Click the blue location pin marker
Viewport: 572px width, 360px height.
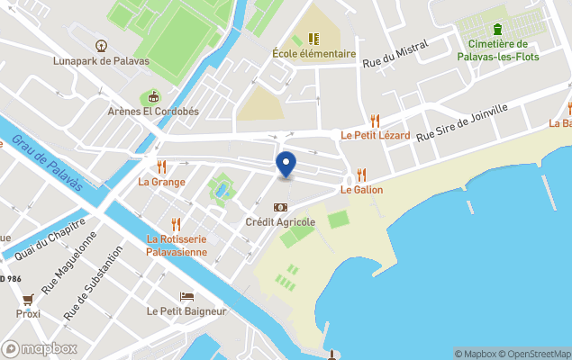click(286, 165)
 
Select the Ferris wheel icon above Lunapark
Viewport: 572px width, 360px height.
click(102, 43)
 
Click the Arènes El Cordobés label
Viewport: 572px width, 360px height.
click(152, 112)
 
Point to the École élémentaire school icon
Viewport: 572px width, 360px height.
click(314, 39)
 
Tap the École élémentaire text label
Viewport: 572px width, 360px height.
click(314, 54)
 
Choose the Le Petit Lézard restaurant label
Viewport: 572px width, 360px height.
click(375, 136)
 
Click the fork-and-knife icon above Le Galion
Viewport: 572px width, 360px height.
click(361, 175)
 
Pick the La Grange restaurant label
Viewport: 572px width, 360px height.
click(161, 182)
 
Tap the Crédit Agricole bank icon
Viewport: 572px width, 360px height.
click(280, 207)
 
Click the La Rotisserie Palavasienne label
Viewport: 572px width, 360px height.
click(177, 245)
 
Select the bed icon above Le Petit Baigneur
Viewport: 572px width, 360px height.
click(186, 296)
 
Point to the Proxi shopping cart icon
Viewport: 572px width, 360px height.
click(28, 299)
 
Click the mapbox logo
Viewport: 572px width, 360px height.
click(40, 348)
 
